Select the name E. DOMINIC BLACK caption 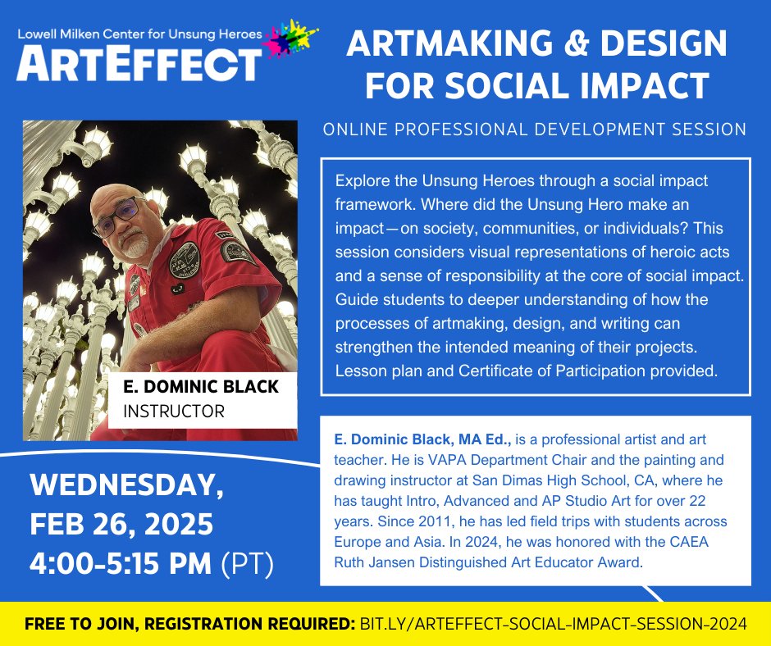[200, 387]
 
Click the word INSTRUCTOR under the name [173, 411]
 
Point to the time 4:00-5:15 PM [122, 563]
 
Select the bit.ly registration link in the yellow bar [554, 623]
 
